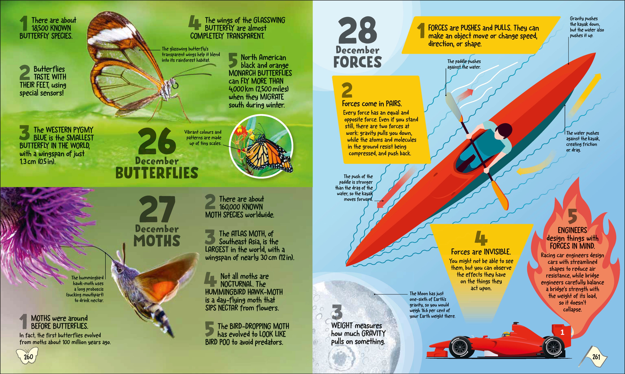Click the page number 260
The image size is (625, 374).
28,357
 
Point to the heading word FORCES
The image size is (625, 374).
358,62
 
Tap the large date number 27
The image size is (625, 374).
157,210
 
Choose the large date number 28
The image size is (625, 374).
358,30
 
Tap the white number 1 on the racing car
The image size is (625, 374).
562,333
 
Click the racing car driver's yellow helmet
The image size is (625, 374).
505,334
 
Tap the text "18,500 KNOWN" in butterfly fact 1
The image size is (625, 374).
51,28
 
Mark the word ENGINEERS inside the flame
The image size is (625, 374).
572,230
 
